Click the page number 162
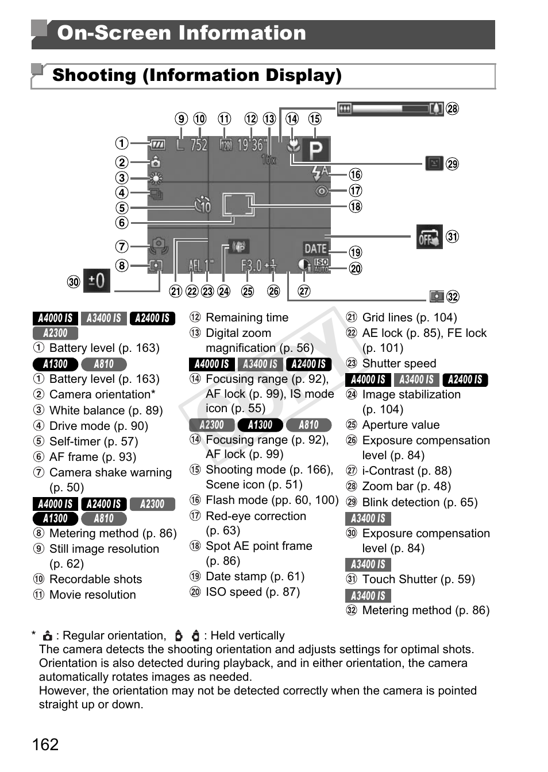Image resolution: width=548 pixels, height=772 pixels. tap(45, 744)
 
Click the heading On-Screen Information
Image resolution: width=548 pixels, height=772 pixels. tap(181, 33)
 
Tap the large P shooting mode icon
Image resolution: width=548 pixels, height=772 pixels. tap(316, 150)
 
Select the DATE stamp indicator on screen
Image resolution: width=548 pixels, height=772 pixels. tap(315, 249)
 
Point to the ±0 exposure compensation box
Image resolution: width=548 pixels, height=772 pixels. tap(97, 281)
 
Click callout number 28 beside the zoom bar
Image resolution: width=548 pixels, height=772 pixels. tap(453, 108)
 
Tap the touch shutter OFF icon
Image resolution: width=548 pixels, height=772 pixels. tap(429, 237)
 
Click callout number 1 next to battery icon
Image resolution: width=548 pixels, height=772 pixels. tap(122, 143)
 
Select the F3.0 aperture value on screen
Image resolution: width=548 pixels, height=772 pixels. tap(251, 266)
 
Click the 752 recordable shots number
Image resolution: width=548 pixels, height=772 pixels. tap(199, 145)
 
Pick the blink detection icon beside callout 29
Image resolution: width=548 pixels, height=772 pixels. tap(434, 164)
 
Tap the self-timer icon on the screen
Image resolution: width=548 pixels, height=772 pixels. tap(203, 205)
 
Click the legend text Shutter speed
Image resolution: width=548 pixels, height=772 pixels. tap(399, 363)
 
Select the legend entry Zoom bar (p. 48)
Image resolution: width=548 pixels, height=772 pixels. tap(406, 486)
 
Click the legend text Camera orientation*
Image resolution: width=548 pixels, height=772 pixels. tap(102, 394)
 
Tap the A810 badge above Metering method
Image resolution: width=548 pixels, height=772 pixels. tap(103, 518)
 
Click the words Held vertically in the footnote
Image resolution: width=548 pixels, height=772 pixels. tap(247, 635)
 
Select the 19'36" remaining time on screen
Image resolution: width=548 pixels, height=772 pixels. tap(250, 145)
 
